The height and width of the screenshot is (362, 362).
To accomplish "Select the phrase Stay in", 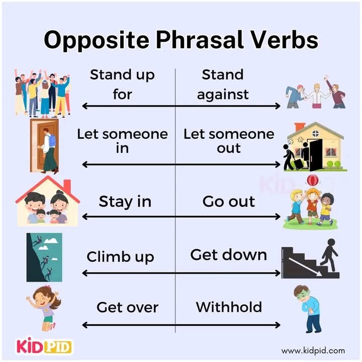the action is click(x=125, y=202).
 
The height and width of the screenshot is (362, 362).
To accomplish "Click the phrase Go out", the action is click(x=229, y=202).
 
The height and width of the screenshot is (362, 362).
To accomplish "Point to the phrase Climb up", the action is click(x=120, y=257).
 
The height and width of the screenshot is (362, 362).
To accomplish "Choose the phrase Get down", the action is click(x=229, y=255).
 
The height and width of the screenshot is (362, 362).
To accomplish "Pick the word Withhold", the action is click(x=229, y=307).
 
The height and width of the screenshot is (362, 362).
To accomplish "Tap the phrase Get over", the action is click(x=127, y=308).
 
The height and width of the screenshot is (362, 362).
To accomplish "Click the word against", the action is click(x=223, y=95).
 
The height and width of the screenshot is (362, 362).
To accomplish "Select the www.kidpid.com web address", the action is click(x=313, y=351).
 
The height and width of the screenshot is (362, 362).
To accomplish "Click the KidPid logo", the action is click(x=43, y=346).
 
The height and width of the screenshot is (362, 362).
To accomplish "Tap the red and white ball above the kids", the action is click(x=312, y=180).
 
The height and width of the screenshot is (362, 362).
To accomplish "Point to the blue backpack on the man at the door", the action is click(x=52, y=141).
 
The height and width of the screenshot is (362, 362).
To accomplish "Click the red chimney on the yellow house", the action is click(x=300, y=127).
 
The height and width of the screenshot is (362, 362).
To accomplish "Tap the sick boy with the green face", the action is click(x=307, y=309).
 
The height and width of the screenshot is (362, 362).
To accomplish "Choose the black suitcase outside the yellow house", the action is click(x=299, y=163).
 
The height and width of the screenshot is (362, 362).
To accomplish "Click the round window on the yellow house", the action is click(x=315, y=133).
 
